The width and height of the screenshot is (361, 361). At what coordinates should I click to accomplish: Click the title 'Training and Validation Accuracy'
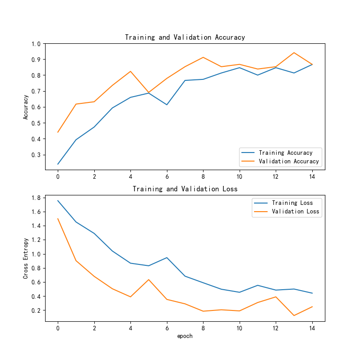[185, 37]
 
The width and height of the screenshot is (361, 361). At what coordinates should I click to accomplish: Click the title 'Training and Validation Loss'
[185, 189]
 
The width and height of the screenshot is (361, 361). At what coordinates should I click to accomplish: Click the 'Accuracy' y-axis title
[26, 106]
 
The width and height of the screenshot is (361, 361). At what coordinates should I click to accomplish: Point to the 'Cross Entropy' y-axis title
[26, 258]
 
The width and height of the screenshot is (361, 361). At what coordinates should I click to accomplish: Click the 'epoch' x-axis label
[185, 336]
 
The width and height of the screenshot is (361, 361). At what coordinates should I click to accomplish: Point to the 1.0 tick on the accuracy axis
[36, 44]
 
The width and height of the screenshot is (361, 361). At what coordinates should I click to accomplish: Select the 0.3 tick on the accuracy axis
[36, 155]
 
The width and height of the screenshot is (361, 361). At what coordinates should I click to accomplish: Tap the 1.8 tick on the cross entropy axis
[36, 198]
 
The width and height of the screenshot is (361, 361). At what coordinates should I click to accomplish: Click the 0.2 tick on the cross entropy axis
[36, 310]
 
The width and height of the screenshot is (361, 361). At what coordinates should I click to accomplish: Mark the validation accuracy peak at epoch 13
[294, 53]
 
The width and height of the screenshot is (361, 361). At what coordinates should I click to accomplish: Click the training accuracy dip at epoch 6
[167, 105]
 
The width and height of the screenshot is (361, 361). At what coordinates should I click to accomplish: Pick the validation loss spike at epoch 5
[148, 279]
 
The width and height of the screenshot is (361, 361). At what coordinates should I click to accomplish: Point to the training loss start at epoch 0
[58, 200]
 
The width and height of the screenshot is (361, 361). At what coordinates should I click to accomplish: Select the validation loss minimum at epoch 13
[294, 315]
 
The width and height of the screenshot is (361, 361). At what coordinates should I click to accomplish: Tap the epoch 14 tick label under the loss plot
[312, 328]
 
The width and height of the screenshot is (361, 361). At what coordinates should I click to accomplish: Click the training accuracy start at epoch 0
[58, 164]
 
